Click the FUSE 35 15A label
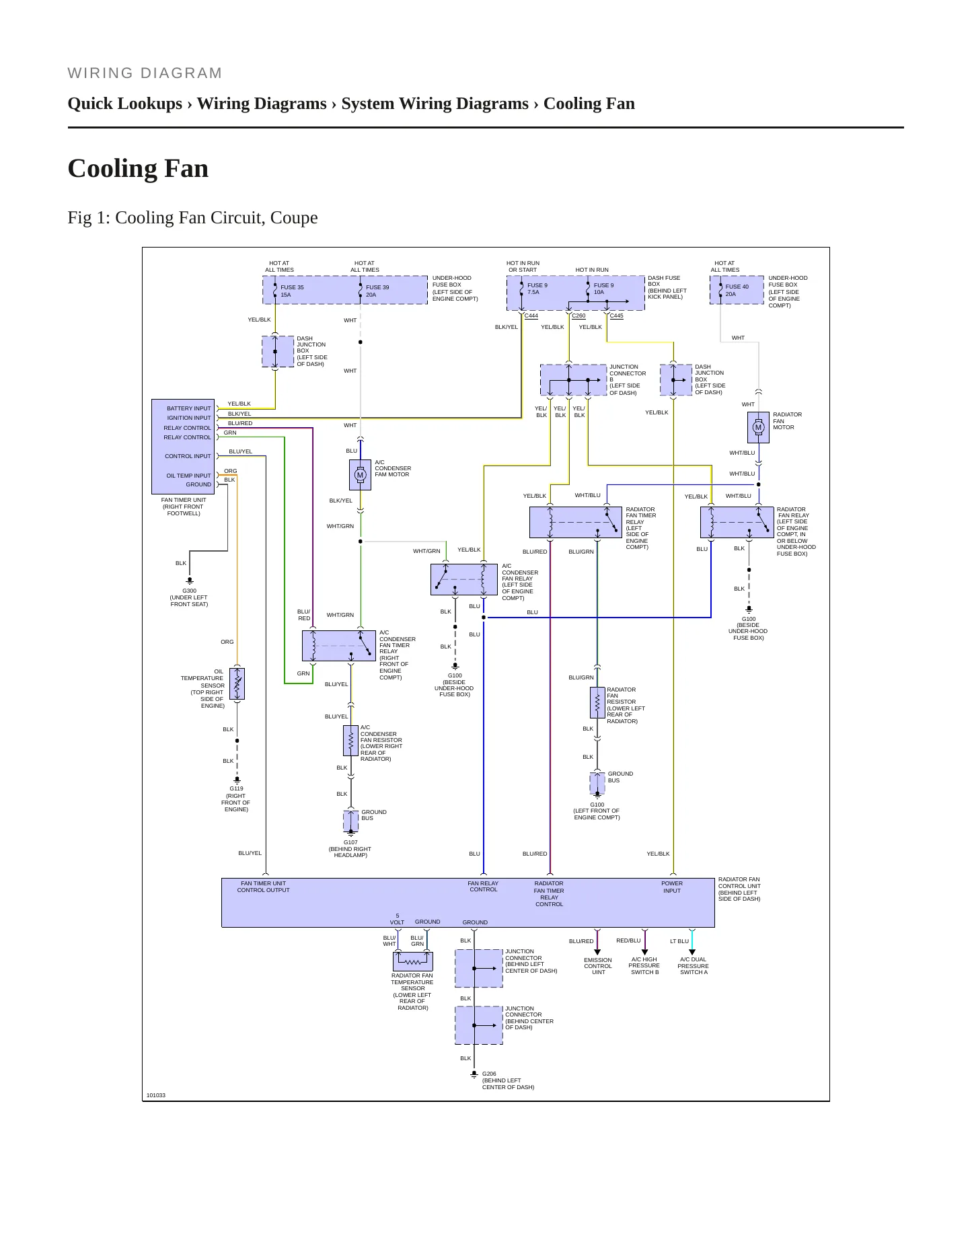(x=292, y=291)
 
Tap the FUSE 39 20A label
(x=377, y=291)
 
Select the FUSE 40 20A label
(x=737, y=291)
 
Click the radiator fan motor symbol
(x=758, y=427)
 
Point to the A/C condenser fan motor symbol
(x=360, y=475)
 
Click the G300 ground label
(x=190, y=591)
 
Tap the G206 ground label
(x=489, y=1074)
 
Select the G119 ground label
(x=237, y=788)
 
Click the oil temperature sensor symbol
(x=237, y=683)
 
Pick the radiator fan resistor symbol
(x=597, y=703)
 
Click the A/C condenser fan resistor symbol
(x=350, y=741)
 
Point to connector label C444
(x=531, y=316)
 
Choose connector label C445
(x=617, y=316)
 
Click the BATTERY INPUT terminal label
(x=189, y=408)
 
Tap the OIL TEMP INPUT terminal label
(x=189, y=476)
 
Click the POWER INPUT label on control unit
(x=672, y=887)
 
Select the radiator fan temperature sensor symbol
(x=413, y=961)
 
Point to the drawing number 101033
(x=156, y=1095)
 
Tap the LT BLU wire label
(x=679, y=941)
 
